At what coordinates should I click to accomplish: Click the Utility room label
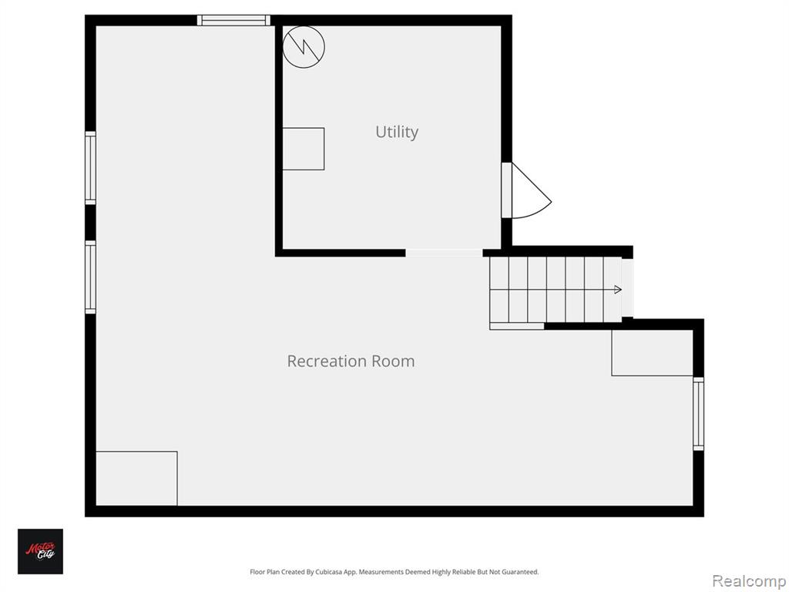pyautogui.click(x=397, y=132)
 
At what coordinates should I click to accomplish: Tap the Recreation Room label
pyautogui.click(x=351, y=361)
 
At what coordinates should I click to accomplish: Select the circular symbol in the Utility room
pyautogui.click(x=304, y=47)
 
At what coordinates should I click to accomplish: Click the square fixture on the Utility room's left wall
pyautogui.click(x=303, y=149)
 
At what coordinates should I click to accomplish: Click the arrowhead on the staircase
pyautogui.click(x=618, y=290)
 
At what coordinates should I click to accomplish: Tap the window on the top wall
pyautogui.click(x=233, y=20)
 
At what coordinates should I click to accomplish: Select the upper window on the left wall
pyautogui.click(x=90, y=168)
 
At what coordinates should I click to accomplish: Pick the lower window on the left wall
pyautogui.click(x=90, y=277)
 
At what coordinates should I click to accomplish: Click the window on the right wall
pyautogui.click(x=698, y=414)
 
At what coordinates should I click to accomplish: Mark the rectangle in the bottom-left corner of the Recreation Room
pyautogui.click(x=136, y=478)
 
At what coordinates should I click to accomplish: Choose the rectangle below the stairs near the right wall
pyautogui.click(x=652, y=352)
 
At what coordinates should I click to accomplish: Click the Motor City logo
pyautogui.click(x=40, y=551)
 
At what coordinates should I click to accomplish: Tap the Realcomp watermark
pyautogui.click(x=750, y=581)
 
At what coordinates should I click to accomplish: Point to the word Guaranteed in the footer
pyautogui.click(x=522, y=572)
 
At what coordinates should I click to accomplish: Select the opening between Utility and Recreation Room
pyautogui.click(x=445, y=253)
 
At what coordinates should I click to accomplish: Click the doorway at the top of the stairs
pyautogui.click(x=627, y=288)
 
